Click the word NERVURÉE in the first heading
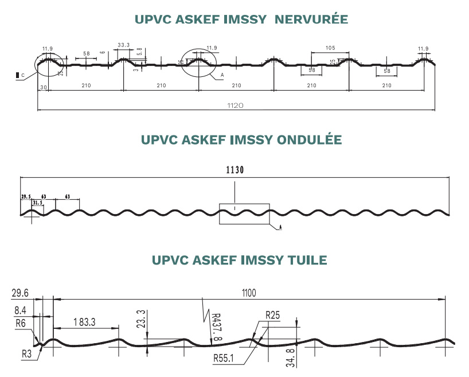311,20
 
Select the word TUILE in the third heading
306,260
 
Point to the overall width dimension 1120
236,105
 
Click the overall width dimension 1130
235,170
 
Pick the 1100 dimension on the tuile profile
248,293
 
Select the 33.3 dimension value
123,44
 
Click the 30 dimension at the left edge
43,86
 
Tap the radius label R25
273,315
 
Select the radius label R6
21,323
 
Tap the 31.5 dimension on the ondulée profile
38,203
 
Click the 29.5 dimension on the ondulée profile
26,196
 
